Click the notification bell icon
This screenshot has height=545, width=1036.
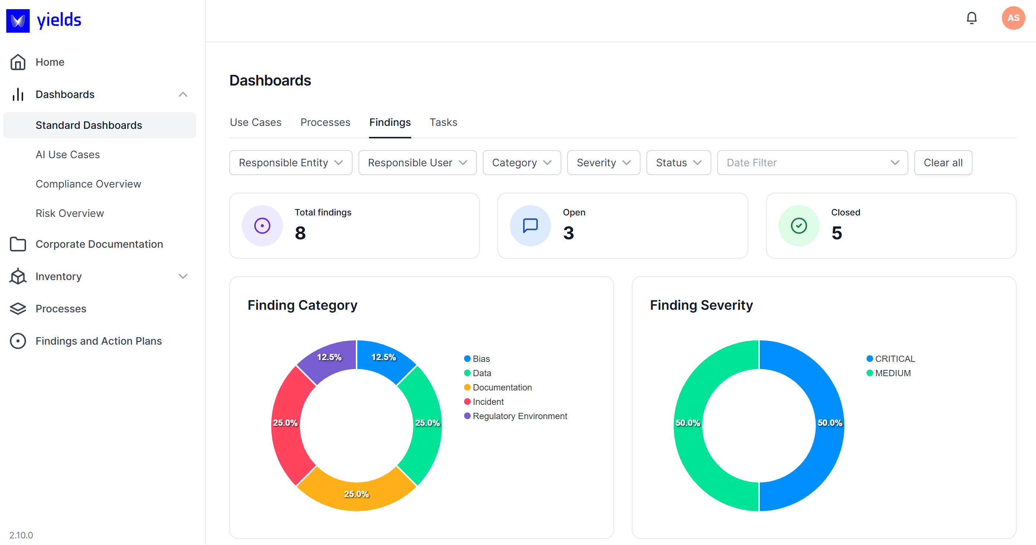pyautogui.click(x=971, y=18)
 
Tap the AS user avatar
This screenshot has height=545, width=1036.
pyautogui.click(x=1013, y=18)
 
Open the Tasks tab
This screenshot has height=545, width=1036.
pyautogui.click(x=443, y=122)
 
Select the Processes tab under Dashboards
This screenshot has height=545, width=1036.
pyautogui.click(x=325, y=122)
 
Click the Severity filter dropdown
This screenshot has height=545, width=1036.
pyautogui.click(x=603, y=163)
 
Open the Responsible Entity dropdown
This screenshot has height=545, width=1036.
pyautogui.click(x=291, y=163)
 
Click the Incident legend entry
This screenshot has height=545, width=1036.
pyautogui.click(x=488, y=402)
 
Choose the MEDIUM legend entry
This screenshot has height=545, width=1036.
pyautogui.click(x=893, y=373)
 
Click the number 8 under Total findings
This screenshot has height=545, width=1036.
pyautogui.click(x=300, y=233)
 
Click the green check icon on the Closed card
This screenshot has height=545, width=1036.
pyautogui.click(x=798, y=226)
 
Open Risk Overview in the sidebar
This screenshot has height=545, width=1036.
pyautogui.click(x=70, y=213)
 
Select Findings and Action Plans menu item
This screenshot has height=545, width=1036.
pyautogui.click(x=99, y=341)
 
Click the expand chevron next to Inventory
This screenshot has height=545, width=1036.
pyautogui.click(x=183, y=276)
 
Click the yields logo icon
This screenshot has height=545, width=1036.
pyautogui.click(x=18, y=21)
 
